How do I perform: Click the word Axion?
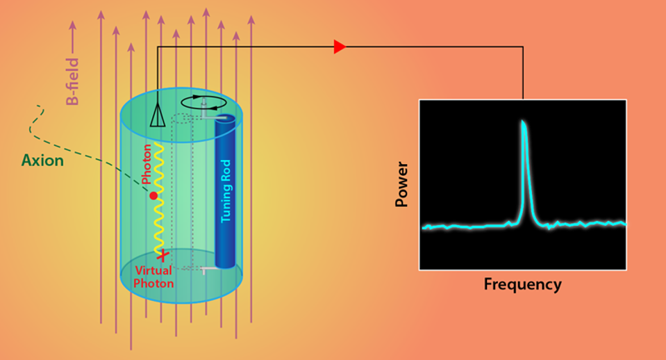click(42, 161)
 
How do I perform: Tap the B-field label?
click(72, 82)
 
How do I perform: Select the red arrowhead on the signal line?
click(340, 47)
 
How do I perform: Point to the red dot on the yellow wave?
click(153, 196)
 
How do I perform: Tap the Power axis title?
click(401, 184)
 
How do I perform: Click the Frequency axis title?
click(522, 284)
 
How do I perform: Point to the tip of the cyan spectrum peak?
click(522, 123)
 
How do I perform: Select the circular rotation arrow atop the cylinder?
click(207, 103)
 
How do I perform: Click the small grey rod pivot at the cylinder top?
click(204, 104)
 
